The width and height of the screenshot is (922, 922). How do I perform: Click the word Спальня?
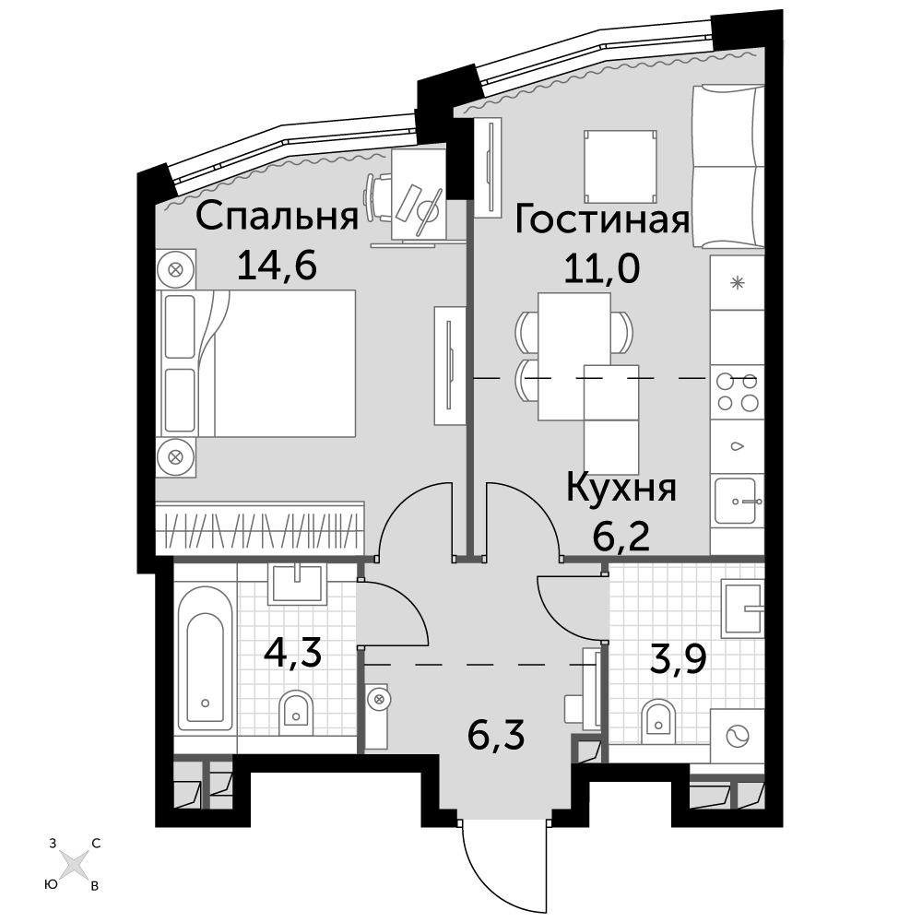click(277, 217)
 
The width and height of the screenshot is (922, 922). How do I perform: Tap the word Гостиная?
click(601, 220)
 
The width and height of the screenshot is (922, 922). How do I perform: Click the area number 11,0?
click(601, 269)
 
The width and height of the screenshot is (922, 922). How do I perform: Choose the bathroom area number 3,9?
click(677, 660)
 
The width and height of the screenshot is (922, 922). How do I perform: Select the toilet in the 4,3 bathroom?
click(295, 709)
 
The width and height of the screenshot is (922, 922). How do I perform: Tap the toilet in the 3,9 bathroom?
click(658, 716)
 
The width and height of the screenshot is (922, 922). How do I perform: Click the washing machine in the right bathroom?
click(738, 735)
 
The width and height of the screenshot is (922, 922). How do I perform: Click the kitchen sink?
click(738, 501)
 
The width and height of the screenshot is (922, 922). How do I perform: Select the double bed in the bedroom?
click(256, 363)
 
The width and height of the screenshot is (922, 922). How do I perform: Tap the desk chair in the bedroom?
click(380, 198)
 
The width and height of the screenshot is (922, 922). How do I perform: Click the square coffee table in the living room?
click(621, 166)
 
